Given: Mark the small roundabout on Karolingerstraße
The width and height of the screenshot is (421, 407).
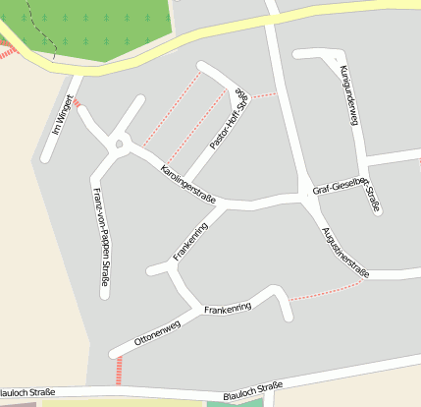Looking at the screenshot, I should (x=120, y=145).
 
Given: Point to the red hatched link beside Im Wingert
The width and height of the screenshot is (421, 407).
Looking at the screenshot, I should (x=76, y=102).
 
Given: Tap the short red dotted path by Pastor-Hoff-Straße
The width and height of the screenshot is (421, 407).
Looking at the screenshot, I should (x=263, y=96).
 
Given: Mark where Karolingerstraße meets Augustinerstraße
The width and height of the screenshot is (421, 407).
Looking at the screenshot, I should (x=305, y=198).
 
